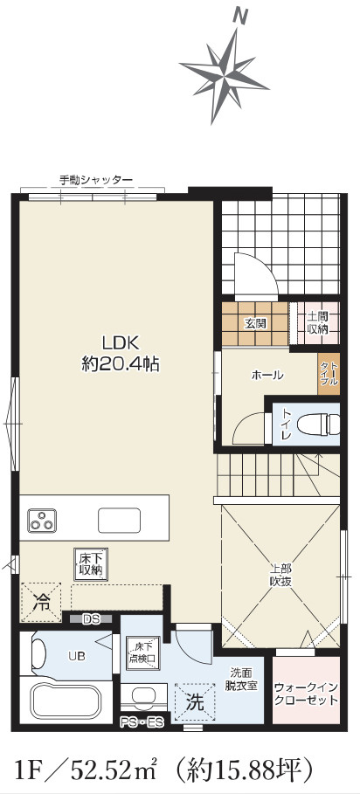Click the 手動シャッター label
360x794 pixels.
pyautogui.click(x=95, y=180)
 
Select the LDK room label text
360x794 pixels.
pyautogui.click(x=119, y=343)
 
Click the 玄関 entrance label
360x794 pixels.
pyautogui.click(x=254, y=323)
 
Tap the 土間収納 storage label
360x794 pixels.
pyautogui.click(x=317, y=323)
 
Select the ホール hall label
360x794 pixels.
pyautogui.click(x=267, y=376)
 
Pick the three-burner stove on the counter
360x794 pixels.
pyautogui.click(x=41, y=521)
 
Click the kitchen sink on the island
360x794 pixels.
pyautogui.click(x=119, y=521)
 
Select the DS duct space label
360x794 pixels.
pyautogui.click(x=90, y=619)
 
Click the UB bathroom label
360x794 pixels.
pyautogui.click(x=77, y=654)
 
